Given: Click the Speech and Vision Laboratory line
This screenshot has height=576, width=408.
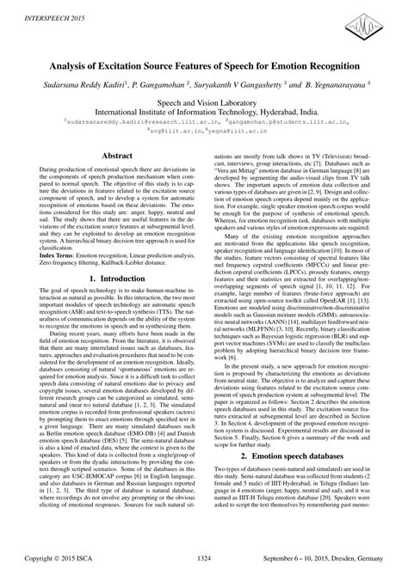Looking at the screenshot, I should coord(203,101).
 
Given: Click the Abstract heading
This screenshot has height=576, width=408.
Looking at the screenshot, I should coord(113,156).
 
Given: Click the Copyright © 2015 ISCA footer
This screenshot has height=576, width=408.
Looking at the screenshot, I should coord(66,560).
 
